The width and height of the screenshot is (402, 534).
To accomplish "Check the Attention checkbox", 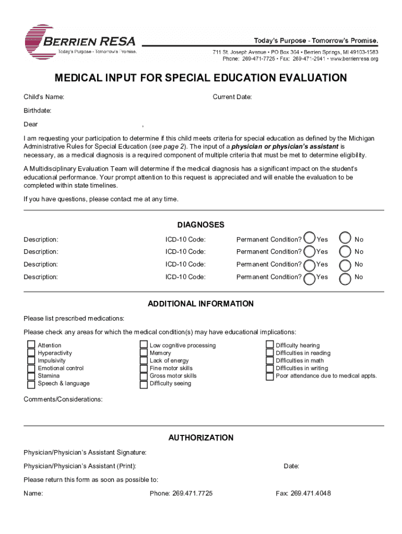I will (31, 345).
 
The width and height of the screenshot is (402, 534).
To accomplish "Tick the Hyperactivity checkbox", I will (31, 353).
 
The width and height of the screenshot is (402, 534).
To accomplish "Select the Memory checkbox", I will (144, 353).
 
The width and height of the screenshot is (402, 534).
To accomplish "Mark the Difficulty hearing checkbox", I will (270, 345).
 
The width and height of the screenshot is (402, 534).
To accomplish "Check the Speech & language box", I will (31, 384).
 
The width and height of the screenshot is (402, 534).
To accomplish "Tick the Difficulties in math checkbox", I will (270, 360).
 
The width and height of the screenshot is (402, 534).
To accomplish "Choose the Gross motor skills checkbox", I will (144, 376).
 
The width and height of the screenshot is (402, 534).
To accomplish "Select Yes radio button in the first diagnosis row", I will (310, 238).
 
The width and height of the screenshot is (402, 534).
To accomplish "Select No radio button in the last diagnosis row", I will (345, 278).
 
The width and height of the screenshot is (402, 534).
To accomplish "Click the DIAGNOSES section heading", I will (200, 225).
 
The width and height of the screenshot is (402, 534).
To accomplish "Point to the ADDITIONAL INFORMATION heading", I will (200, 304).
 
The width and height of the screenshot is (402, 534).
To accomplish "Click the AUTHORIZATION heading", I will (200, 438).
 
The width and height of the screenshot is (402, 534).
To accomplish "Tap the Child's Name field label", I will (44, 97).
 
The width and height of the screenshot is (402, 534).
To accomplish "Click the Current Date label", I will (232, 97).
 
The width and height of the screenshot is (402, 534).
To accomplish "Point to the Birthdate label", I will (37, 111).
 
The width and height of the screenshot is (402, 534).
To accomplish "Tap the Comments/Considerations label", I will (63, 399).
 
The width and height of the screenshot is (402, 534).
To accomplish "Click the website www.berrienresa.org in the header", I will (353, 59).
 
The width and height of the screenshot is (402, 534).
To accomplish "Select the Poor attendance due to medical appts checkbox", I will (270, 376).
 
